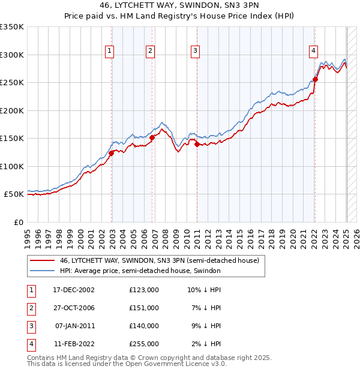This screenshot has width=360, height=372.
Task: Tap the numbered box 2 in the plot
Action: (150, 52)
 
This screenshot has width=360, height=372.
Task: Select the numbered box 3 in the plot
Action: (196, 52)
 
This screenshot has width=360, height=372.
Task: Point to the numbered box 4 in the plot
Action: (313, 52)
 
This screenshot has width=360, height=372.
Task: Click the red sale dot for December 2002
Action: (112, 154)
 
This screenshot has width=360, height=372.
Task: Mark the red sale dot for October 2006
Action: (152, 137)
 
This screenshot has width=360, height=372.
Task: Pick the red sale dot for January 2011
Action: (197, 143)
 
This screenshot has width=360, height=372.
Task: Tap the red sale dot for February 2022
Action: (315, 79)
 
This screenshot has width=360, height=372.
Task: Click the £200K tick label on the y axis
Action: (11, 110)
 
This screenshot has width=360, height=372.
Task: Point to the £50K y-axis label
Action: (14, 194)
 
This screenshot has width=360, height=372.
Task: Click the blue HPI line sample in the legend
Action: (42, 271)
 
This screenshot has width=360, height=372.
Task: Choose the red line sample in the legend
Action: (42, 260)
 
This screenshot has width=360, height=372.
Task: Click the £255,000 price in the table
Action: (144, 344)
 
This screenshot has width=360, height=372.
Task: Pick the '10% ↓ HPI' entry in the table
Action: (204, 290)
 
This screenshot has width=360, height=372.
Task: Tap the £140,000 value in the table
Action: (144, 326)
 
